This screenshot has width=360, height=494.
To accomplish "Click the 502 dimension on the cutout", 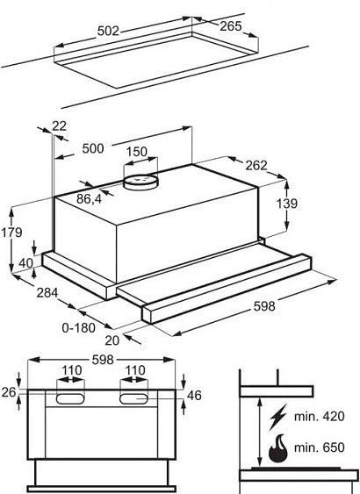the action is pos(108,32).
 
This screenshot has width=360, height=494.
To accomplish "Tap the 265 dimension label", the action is pos(231,26).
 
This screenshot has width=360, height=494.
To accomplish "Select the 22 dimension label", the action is pos(59,126).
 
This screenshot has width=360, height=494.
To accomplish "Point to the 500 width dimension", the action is pos(93,148).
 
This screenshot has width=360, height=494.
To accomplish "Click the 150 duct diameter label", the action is pos(137,152).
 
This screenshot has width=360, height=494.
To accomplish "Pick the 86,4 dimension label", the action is pos(90,199).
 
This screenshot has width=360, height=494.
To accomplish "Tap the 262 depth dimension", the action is pos(256,166).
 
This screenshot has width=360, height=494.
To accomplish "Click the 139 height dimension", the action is pos(287,204).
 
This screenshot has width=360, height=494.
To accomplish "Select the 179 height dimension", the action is pos(11,233).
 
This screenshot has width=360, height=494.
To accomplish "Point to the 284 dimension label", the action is pos(47,293).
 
